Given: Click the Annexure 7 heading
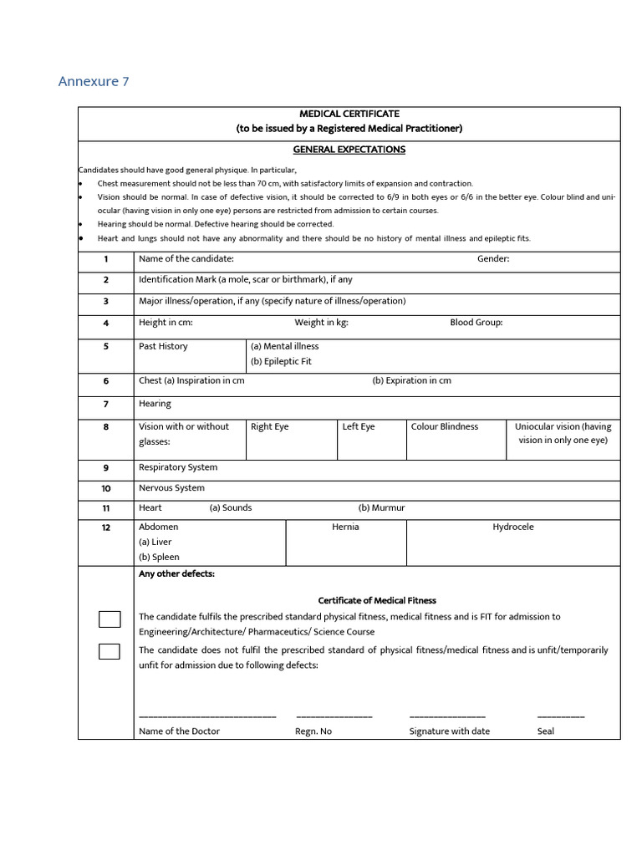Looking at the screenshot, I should [x=94, y=81].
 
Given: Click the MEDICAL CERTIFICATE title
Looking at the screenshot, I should [x=349, y=114].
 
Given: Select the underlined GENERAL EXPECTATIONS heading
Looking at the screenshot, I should [x=349, y=150].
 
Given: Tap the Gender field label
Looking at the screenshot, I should [x=493, y=259].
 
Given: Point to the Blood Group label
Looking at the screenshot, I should [x=476, y=323].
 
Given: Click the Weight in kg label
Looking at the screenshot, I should [x=321, y=323].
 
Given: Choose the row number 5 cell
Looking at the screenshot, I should [x=106, y=347].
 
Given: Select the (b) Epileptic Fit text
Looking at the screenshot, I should [x=281, y=362].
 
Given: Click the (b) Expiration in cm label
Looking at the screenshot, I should [x=411, y=381].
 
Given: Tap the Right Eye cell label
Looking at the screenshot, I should [x=269, y=427].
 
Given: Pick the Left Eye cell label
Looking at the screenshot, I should [x=359, y=427].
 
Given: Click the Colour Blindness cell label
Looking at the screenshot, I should [x=445, y=427].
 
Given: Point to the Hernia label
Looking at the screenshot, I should [x=345, y=527].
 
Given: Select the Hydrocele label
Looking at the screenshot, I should [x=512, y=527].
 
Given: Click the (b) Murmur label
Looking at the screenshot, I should [x=381, y=508].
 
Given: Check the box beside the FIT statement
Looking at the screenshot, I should [x=110, y=619].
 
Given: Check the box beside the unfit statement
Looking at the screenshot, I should [x=110, y=651].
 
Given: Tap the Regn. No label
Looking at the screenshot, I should [x=313, y=731].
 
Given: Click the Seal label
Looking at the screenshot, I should [x=546, y=731].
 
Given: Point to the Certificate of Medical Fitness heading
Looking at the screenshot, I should [x=377, y=601].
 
